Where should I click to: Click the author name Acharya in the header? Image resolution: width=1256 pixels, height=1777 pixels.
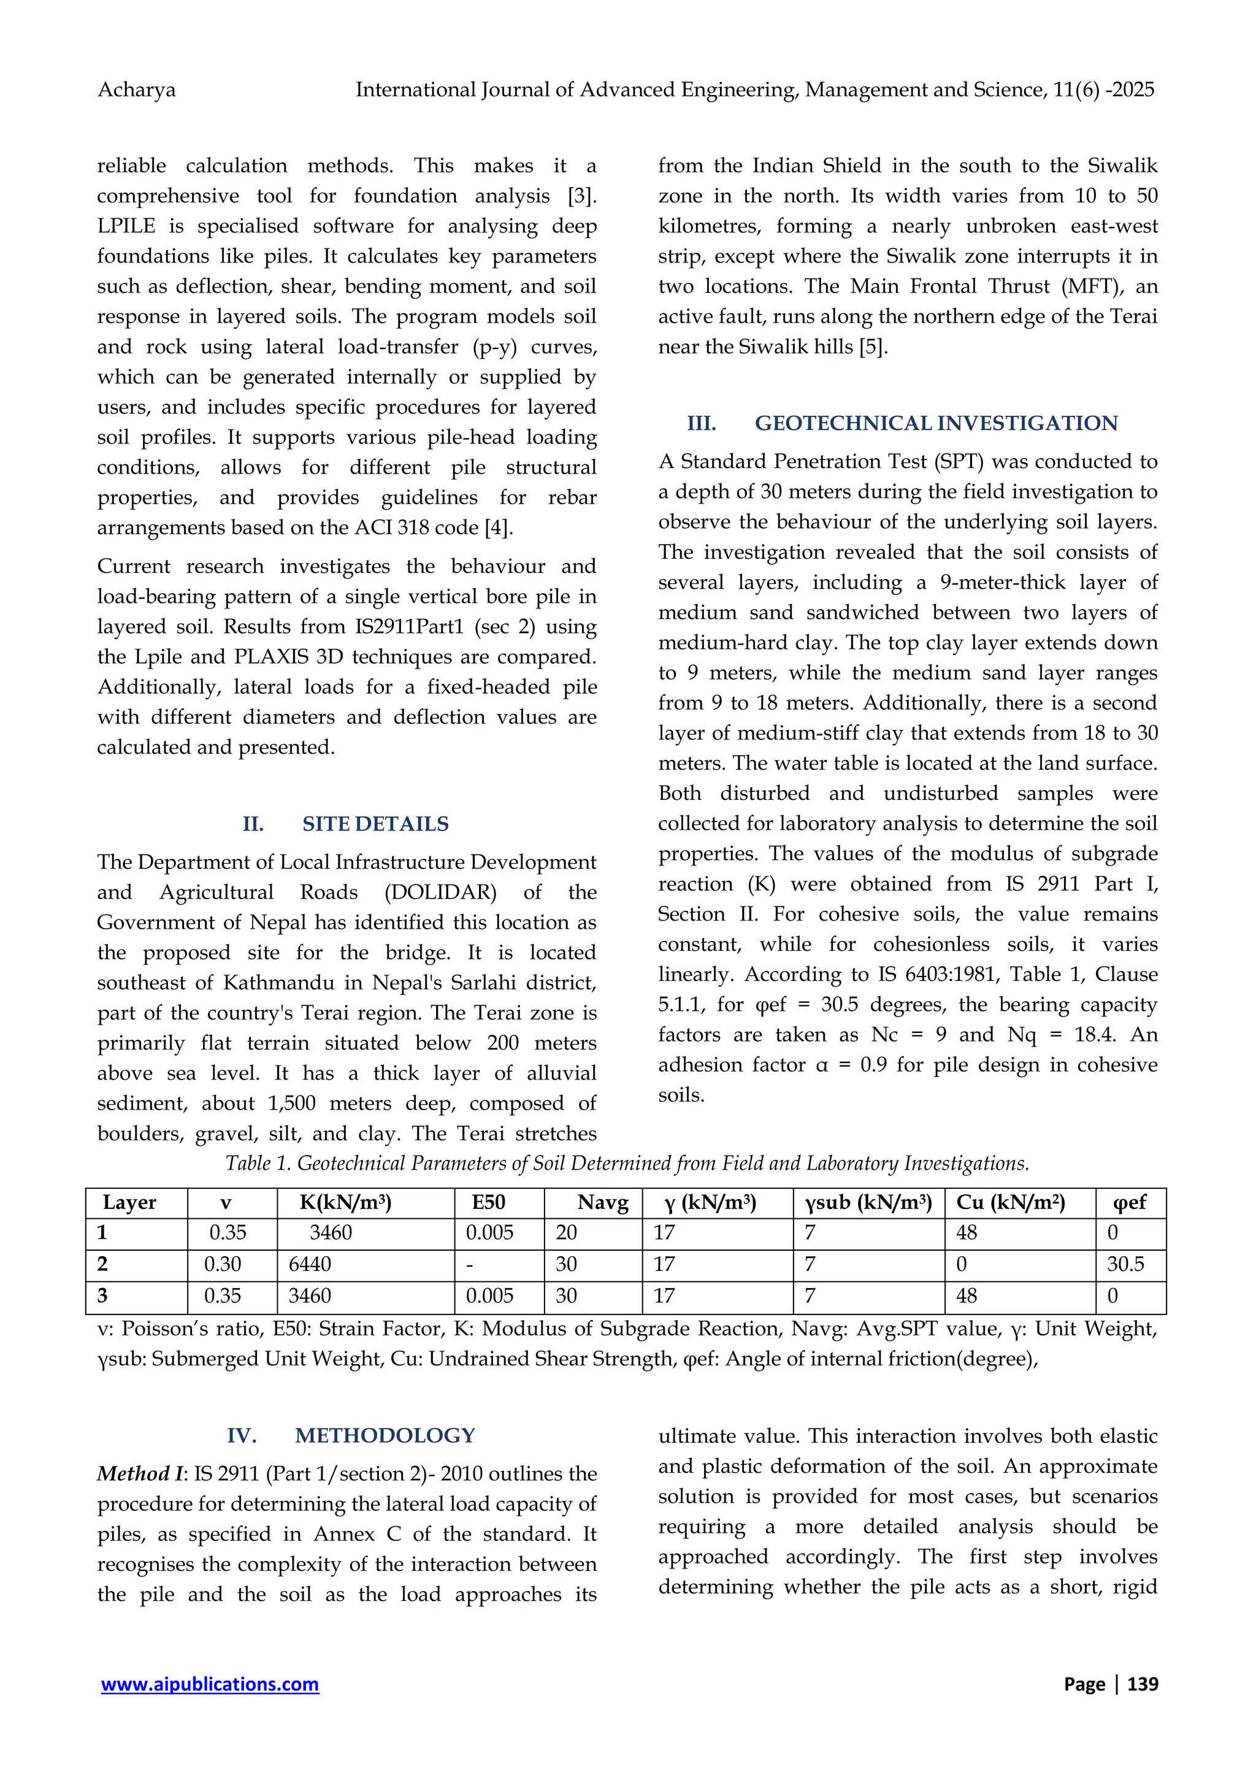(x=136, y=91)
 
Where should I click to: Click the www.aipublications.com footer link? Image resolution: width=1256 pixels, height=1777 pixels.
(x=210, y=1684)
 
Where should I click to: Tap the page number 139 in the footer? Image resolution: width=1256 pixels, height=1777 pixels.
(x=1143, y=1684)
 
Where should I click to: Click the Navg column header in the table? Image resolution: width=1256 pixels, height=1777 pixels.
(x=603, y=1203)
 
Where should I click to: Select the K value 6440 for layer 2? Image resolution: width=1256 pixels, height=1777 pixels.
(x=310, y=1265)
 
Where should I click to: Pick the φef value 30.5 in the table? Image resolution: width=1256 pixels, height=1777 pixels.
(x=1125, y=1265)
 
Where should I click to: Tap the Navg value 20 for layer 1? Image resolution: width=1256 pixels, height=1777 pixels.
(x=567, y=1233)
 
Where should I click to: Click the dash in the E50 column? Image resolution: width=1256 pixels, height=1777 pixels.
(x=470, y=1265)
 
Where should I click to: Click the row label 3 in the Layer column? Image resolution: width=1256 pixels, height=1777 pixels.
(x=102, y=1295)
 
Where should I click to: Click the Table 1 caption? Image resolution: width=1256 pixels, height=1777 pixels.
(x=627, y=1164)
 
